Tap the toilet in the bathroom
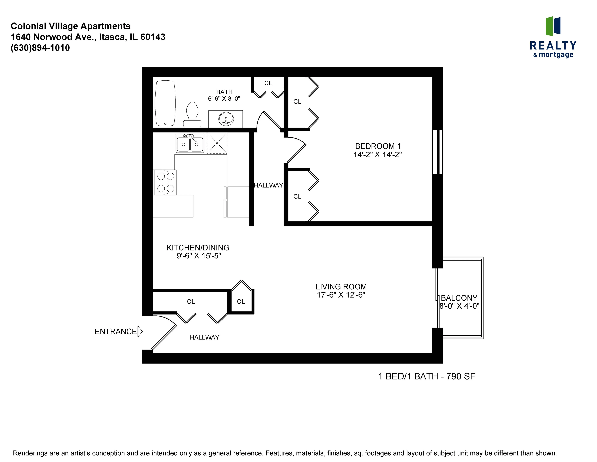[x=192, y=114]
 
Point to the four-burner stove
[x=165, y=182]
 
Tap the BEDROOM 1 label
[x=378, y=146]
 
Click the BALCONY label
[x=459, y=298]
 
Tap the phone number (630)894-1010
[x=40, y=48]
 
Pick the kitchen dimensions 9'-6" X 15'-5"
[x=199, y=256]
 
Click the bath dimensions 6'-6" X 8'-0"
[x=224, y=99]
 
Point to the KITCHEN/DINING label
[x=198, y=248]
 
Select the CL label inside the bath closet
[x=268, y=83]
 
